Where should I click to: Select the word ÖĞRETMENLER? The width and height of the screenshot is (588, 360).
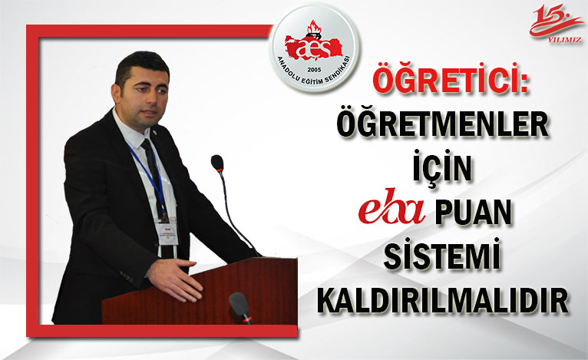(x=442, y=124)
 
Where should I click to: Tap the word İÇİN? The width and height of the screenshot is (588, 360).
(x=442, y=167)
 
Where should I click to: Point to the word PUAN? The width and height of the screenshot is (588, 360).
(x=474, y=212)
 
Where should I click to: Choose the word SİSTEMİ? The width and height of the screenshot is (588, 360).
(x=442, y=254)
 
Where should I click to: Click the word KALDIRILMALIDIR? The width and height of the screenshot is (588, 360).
(x=443, y=300)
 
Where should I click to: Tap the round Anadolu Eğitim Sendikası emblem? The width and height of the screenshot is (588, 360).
(x=314, y=48)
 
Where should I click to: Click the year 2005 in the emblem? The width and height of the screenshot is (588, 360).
(x=314, y=70)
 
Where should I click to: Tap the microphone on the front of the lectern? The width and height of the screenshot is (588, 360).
(x=239, y=306)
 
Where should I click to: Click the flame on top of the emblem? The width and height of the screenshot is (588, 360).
(x=313, y=28)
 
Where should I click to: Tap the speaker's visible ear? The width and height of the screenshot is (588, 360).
(x=116, y=93)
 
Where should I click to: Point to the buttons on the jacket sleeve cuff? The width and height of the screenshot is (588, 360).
(x=127, y=277)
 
